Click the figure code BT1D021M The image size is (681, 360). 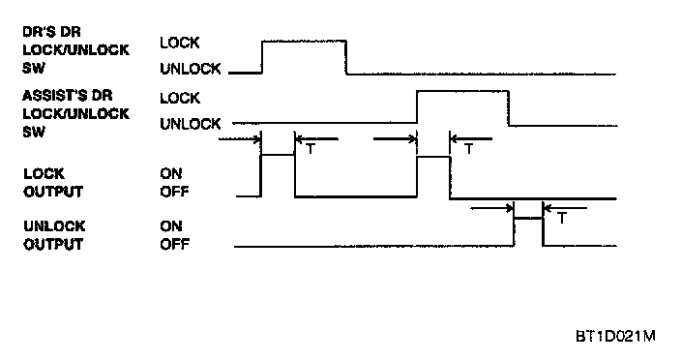[615, 336]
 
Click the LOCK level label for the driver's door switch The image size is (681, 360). [180, 43]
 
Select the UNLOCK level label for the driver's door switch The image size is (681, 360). [191, 69]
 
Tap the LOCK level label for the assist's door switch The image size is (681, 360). [180, 98]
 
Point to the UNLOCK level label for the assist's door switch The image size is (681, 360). [191, 124]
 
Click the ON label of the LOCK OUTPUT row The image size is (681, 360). [170, 173]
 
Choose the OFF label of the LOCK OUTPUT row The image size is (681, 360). [174, 192]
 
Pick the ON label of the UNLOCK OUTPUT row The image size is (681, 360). [170, 226]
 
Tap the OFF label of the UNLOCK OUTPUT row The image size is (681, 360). [174, 244]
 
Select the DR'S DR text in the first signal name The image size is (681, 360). [51, 32]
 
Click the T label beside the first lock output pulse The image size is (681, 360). [311, 149]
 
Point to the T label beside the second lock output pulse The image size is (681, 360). [468, 149]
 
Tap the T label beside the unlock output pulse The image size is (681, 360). [562, 218]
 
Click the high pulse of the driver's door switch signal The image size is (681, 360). [304, 41]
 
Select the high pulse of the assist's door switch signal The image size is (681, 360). [462, 91]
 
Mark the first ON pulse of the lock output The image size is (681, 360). [278, 155]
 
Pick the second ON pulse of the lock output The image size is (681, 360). [433, 157]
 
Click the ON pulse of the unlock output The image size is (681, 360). [528, 219]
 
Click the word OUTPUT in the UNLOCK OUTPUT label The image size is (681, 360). [53, 244]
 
